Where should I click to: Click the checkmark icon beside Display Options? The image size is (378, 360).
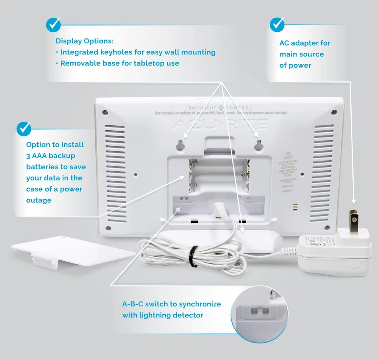point(54,25)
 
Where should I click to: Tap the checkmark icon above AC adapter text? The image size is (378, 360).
point(277,24)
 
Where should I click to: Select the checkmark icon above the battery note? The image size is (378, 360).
point(24,128)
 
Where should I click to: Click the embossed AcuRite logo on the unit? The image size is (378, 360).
point(220,124)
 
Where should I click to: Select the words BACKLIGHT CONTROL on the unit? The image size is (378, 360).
point(220,108)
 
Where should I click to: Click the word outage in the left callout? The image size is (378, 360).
point(39,200)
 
